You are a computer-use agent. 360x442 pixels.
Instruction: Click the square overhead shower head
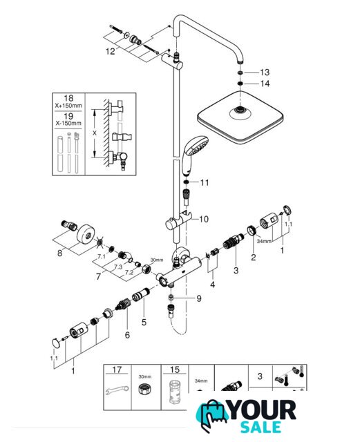[240, 117]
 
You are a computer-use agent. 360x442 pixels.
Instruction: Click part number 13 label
[265, 73]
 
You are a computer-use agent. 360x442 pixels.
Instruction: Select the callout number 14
[265, 84]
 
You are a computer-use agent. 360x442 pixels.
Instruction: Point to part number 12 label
[111, 51]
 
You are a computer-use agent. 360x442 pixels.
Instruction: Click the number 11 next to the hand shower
[205, 182]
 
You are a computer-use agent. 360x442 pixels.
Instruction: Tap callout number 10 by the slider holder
[204, 219]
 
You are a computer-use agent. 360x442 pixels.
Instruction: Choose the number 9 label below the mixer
[199, 298]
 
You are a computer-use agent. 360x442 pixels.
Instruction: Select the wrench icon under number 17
[117, 390]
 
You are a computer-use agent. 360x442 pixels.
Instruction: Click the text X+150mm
[68, 106]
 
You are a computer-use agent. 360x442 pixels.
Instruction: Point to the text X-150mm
[68, 123]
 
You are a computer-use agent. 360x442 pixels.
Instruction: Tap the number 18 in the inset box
[68, 98]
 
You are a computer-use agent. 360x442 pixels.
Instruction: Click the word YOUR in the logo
[263, 410]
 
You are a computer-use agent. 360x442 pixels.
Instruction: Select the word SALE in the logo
[260, 427]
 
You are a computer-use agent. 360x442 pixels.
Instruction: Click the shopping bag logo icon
[211, 414]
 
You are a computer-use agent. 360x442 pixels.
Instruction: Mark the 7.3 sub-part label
[118, 267]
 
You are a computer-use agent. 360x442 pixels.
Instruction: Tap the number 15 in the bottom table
[175, 369]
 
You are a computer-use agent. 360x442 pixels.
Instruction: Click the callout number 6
[127, 335]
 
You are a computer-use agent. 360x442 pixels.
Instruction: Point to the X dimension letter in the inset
[95, 133]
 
